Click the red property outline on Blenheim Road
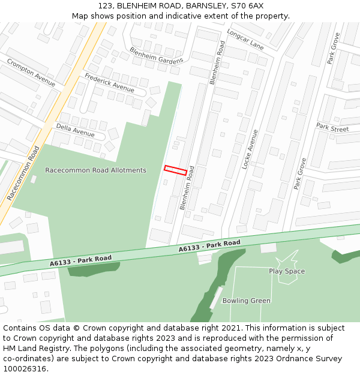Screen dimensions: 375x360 coord(176,170)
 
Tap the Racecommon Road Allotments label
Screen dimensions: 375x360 coord(95,170)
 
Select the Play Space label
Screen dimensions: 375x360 coord(287,271)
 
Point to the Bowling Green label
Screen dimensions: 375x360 coord(246,301)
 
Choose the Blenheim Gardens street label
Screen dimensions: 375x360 coord(157,56)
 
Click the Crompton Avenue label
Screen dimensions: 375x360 coord(31,72)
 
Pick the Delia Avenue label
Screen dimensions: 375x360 coord(75,130)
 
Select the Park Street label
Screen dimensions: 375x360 coord(332,127)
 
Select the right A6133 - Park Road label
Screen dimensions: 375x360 coord(209,246)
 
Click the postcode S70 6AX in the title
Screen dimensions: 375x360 coord(248,5)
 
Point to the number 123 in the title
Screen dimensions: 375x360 coord(106,5)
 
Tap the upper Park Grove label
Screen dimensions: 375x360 coord(334,48)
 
